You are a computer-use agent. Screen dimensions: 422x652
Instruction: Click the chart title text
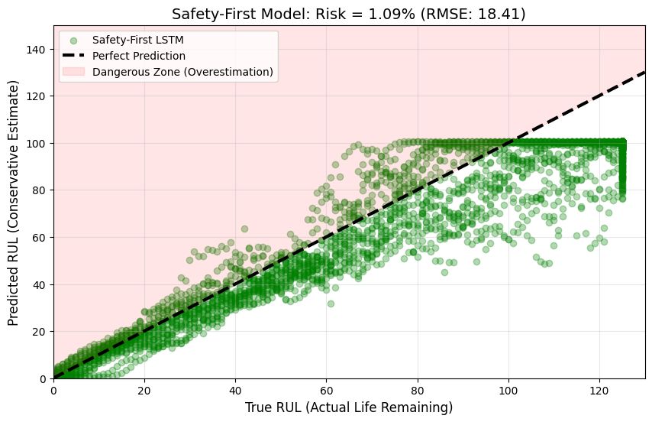pyautogui.click(x=348, y=14)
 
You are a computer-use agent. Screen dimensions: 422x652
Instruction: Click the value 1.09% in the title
pyautogui.click(x=395, y=14)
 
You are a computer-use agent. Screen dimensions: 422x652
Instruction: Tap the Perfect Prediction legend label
pyautogui.click(x=130, y=56)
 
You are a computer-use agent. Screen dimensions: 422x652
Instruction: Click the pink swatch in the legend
pyautogui.click(x=76, y=72)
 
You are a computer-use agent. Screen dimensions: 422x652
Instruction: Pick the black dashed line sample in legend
pyautogui.click(x=76, y=56)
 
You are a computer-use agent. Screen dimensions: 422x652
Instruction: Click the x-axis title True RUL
pyautogui.click(x=348, y=407)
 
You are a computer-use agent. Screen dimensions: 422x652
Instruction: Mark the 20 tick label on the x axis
pyautogui.click(x=144, y=390)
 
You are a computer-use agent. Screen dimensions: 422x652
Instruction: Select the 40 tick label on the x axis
pyautogui.click(x=235, y=390)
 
